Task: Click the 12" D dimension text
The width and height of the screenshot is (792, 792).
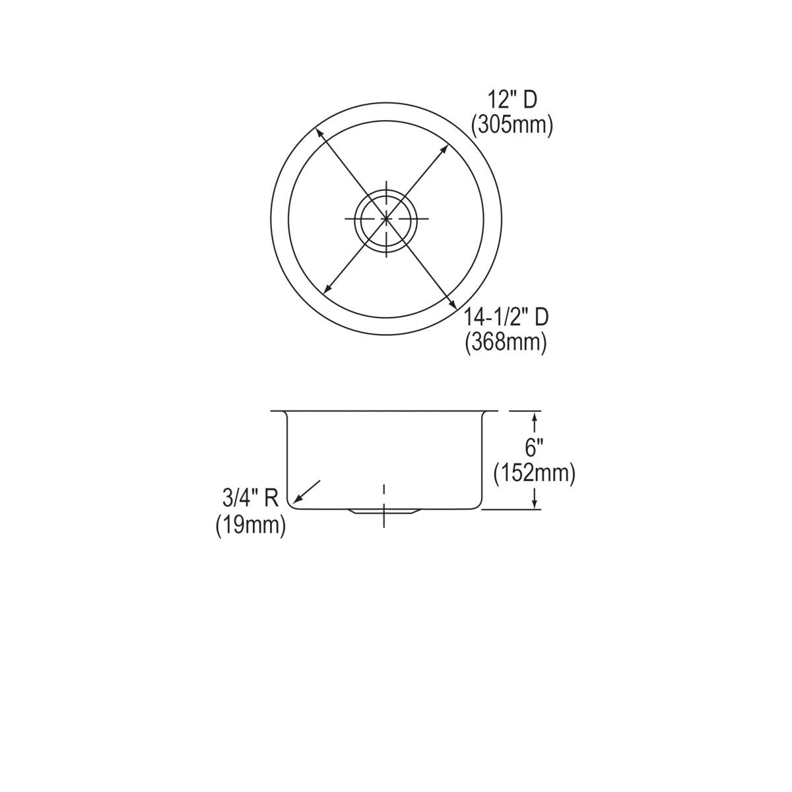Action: click(512, 100)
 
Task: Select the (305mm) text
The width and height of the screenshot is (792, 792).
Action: click(511, 124)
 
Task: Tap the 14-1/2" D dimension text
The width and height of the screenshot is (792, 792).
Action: click(505, 317)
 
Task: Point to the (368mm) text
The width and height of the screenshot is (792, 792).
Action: click(506, 343)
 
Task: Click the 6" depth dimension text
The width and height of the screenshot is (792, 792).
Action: click(533, 448)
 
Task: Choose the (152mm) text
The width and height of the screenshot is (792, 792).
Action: click(535, 473)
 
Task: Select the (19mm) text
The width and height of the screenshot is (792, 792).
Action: click(251, 525)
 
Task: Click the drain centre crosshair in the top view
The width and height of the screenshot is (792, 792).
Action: click(385, 218)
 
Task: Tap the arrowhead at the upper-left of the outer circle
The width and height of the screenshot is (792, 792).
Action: click(319, 133)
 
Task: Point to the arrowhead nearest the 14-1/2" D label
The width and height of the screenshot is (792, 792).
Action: click(453, 304)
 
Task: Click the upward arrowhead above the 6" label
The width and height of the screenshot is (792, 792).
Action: click(534, 415)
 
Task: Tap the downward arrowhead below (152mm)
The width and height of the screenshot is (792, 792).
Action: click(534, 504)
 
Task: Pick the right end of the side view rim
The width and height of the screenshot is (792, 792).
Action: click(496, 411)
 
